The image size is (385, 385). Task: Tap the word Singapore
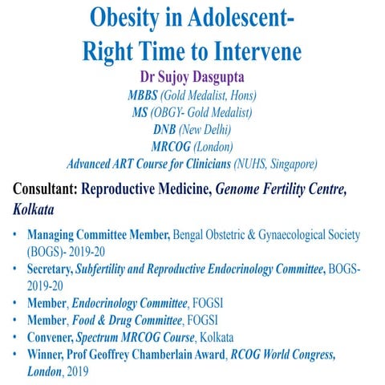(291, 164)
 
